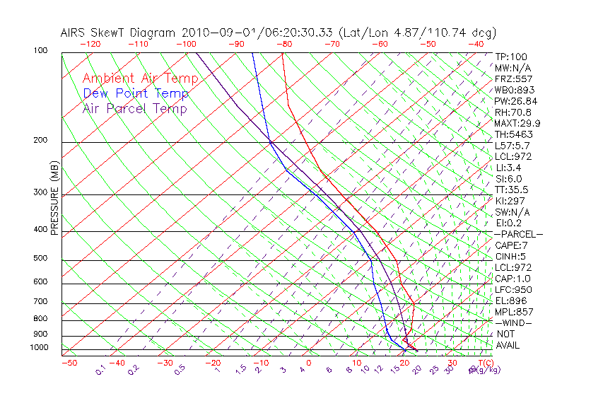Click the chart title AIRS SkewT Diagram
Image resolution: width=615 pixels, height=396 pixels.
click(119, 33)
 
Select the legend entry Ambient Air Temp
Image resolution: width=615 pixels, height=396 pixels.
click(141, 78)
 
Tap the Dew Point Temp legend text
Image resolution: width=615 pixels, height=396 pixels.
click(136, 93)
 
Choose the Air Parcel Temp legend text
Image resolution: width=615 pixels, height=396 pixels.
click(135, 108)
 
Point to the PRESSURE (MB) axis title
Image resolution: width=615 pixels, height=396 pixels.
click(55, 200)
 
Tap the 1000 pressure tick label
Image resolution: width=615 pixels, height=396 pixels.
click(40, 347)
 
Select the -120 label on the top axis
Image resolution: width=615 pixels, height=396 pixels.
click(90, 44)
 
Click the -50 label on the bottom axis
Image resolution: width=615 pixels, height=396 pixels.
click(69, 363)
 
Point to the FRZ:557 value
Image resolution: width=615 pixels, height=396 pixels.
click(513, 78)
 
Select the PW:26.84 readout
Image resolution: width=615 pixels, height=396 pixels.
click(516, 101)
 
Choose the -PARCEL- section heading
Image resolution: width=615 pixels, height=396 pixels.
click(518, 234)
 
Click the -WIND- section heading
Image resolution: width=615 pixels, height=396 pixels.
click(514, 322)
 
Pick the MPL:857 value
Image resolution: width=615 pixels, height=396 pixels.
click(513, 312)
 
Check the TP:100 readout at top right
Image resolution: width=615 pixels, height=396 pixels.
click(511, 57)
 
